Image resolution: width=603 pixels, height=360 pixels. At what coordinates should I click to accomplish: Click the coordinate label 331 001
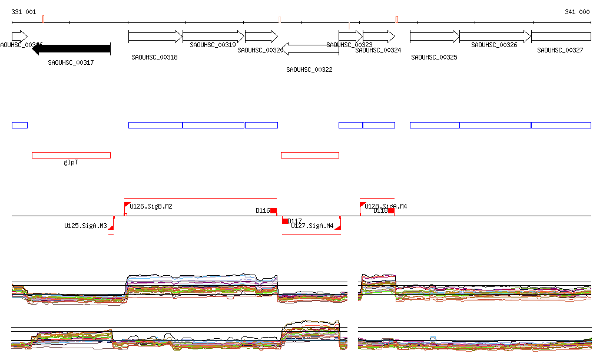[24, 12]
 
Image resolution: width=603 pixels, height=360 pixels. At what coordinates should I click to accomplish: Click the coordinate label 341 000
[577, 12]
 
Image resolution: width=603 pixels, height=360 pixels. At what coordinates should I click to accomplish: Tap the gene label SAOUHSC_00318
[154, 57]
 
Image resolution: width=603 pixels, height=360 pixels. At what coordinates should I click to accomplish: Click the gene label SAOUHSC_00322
[309, 70]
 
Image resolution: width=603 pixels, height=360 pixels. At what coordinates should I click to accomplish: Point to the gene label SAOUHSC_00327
[560, 50]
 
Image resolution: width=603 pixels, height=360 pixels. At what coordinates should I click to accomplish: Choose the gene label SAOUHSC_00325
[434, 57]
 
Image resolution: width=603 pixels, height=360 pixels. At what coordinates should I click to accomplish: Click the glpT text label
[71, 162]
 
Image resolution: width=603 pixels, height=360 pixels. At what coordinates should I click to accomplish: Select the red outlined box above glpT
[71, 155]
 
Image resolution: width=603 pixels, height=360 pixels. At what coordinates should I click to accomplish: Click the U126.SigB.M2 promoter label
[151, 206]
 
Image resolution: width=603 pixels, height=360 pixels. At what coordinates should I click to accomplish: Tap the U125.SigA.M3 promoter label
[86, 226]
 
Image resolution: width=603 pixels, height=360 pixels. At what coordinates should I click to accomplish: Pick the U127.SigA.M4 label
[312, 226]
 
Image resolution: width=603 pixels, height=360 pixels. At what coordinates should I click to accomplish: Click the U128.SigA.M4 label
[386, 206]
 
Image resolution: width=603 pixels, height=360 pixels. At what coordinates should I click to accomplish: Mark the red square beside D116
[273, 210]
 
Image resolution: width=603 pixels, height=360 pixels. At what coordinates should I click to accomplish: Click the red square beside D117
[285, 221]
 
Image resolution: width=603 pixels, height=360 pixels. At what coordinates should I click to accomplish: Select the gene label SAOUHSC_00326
[494, 44]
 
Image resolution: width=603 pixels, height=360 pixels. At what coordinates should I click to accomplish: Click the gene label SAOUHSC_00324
[378, 50]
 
